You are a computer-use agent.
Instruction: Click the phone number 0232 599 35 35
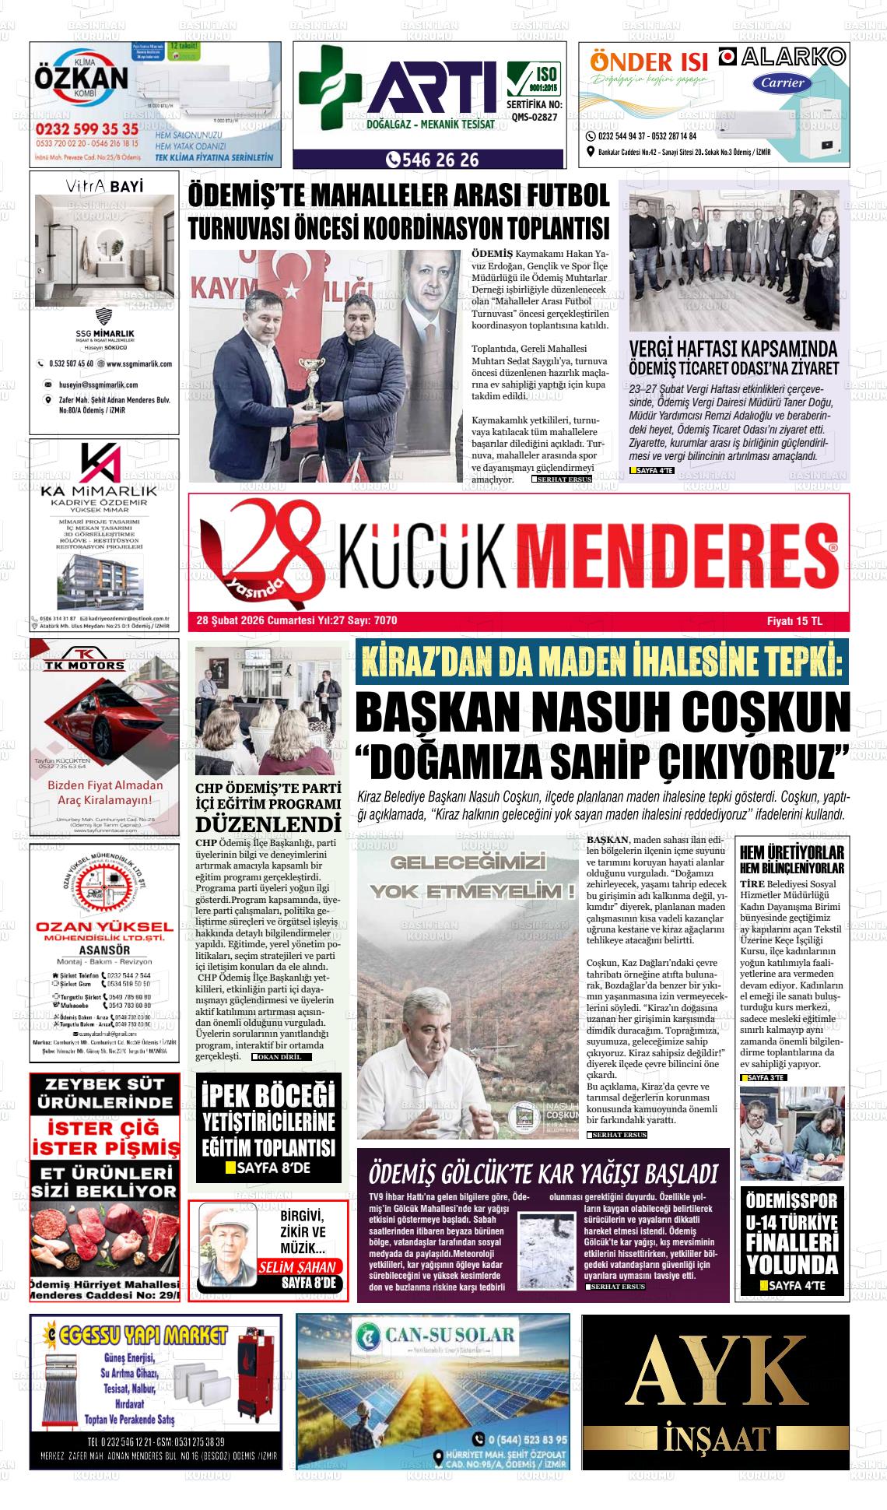tap(86, 128)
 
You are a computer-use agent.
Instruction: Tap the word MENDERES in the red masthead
tap(677, 553)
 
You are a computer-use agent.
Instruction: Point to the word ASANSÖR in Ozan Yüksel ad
tap(104, 950)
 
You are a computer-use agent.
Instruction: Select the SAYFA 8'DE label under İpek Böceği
tap(272, 1168)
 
